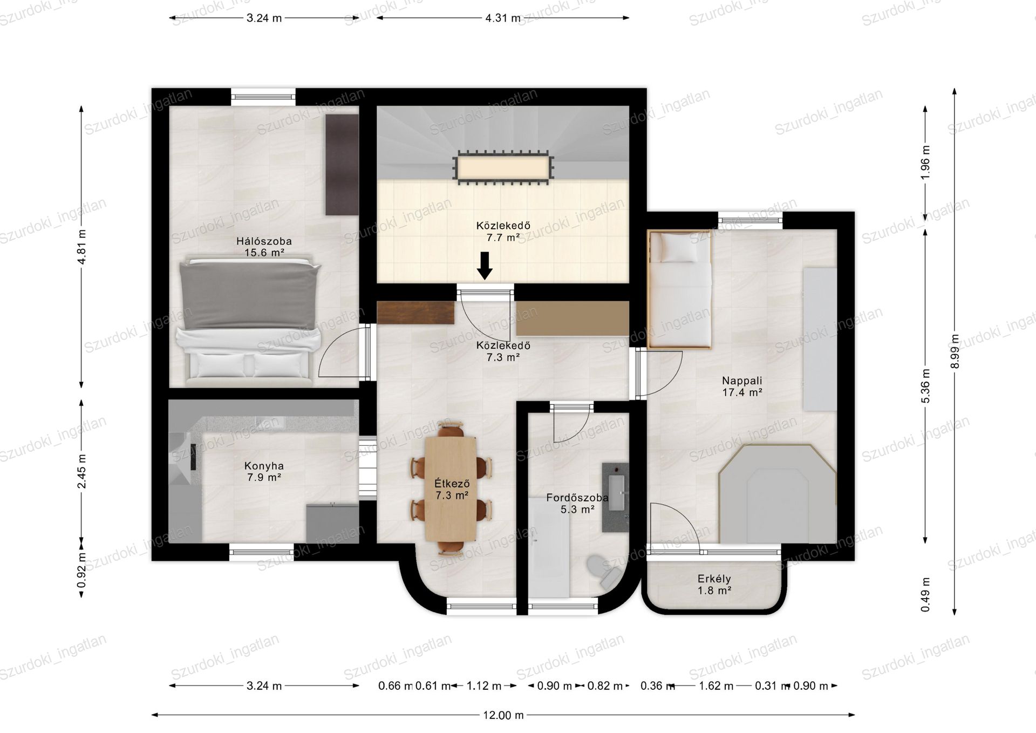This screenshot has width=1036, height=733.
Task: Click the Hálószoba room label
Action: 264,247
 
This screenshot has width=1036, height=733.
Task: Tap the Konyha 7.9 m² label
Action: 264,471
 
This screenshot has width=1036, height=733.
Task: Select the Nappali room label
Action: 742,386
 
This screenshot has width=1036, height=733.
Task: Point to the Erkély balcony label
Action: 714,585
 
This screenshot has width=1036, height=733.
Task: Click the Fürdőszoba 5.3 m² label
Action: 577,503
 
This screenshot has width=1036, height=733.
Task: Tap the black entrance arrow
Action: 485,266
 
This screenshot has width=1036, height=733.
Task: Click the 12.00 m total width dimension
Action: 503,715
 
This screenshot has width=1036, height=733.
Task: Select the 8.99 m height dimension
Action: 955,351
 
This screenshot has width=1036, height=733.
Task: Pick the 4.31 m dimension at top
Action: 503,18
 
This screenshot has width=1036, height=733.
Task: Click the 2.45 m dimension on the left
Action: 81,471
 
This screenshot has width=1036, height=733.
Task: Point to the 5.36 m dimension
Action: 925,386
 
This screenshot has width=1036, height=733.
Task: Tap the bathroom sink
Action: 616,497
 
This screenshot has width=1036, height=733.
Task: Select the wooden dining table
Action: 451,488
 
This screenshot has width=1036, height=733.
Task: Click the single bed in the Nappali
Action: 679,290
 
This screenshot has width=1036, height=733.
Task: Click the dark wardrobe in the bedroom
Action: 342,165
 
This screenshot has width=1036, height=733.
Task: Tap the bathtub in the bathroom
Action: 549,547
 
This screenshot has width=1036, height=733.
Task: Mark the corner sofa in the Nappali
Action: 778,493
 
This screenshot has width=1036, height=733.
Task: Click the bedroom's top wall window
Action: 263,97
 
